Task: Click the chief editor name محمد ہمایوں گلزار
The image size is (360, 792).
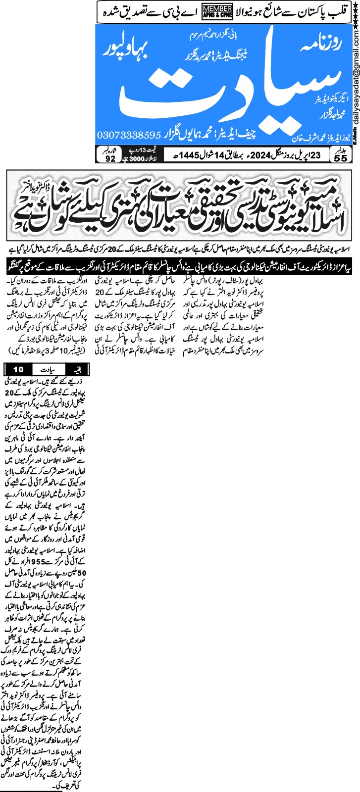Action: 202,135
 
